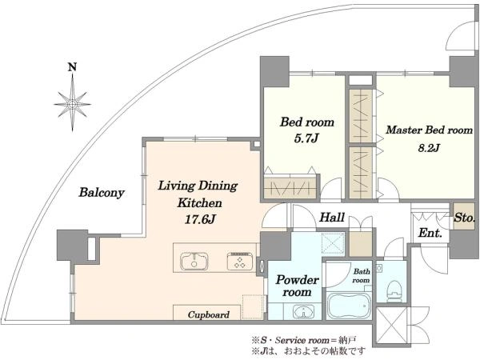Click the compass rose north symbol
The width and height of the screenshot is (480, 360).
[72, 103]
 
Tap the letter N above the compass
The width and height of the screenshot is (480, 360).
[72, 67]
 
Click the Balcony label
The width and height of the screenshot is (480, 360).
[102, 193]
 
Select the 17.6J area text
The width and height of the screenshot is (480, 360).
[200, 219]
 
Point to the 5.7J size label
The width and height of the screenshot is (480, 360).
[306, 138]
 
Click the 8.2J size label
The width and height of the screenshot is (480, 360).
[429, 148]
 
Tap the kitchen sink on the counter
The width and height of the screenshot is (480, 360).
[194, 261]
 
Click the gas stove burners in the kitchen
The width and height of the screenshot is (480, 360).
[240, 261]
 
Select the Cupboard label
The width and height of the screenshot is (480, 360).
[209, 314]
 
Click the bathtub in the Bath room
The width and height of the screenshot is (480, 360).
[349, 306]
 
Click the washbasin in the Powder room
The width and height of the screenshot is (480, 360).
[303, 312]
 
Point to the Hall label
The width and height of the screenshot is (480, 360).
[332, 218]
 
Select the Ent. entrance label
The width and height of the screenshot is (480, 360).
[430, 233]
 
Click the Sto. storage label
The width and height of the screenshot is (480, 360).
[464, 218]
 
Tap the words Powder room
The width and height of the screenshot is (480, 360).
[297, 286]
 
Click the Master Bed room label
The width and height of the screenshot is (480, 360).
[429, 130]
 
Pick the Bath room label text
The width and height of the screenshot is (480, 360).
[362, 275]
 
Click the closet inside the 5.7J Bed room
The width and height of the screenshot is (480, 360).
[290, 186]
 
